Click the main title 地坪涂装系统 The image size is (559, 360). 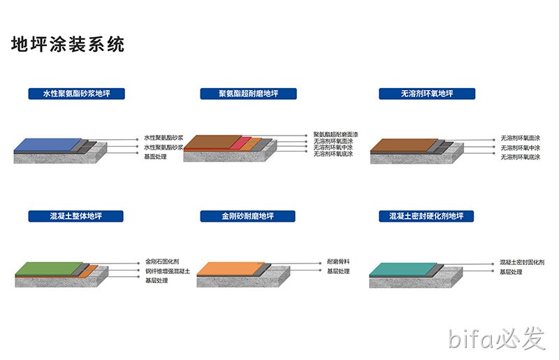68,45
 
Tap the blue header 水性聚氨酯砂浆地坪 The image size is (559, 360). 77,94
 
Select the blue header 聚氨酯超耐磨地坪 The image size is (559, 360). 249,94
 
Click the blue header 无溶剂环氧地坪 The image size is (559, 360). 427,94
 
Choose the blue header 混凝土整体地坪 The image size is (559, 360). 76,216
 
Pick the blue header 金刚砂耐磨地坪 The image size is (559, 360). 248,216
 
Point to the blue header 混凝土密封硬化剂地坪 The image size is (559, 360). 426,216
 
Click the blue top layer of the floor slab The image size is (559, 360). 48,145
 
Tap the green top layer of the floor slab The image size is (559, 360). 49,268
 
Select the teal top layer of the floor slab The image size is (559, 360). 403,269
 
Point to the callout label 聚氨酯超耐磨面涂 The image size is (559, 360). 336,134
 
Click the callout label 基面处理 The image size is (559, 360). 155,157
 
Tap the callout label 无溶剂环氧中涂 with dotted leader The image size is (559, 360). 521,147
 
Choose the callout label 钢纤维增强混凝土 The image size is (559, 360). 168,271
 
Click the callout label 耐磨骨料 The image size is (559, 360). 338,261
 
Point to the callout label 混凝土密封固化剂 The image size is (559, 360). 522,262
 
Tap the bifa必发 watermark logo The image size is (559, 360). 497,338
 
